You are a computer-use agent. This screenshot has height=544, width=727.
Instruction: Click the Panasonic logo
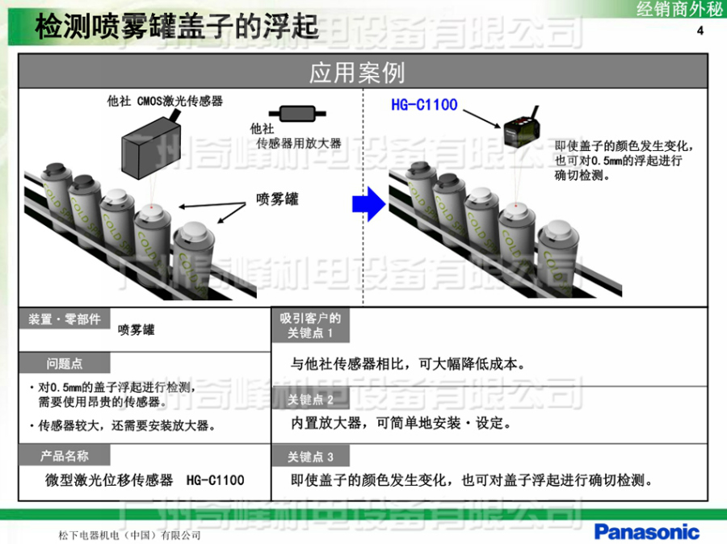pos(646,531)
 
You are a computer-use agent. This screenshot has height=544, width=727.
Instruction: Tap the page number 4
pos(700,31)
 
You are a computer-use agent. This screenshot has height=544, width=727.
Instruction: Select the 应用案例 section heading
pos(357,73)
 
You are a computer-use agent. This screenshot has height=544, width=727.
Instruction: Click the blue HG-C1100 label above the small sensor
pos(424,105)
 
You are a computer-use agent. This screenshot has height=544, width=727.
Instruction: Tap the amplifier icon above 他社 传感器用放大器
pos(293,112)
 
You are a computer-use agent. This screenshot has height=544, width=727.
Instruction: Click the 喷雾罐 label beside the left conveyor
pos(277,198)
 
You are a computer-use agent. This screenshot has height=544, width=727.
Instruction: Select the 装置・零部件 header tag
pos(65,319)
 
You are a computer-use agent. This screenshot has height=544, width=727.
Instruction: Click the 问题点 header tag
pos(65,364)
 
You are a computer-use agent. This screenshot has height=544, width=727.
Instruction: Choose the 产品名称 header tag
pos(65,456)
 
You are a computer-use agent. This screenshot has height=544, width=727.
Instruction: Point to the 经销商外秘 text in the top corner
pos(679,10)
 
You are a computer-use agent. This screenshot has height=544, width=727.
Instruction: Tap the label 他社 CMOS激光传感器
pos(165,101)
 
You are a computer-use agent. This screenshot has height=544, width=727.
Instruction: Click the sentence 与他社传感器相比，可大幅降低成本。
pos(409,363)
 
